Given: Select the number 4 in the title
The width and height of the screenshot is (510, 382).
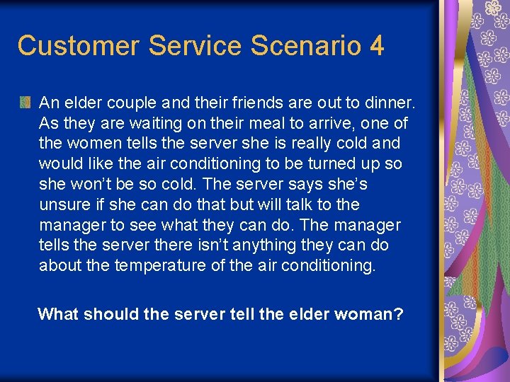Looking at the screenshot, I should [376, 46].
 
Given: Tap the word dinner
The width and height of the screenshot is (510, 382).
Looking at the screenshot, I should [390, 103].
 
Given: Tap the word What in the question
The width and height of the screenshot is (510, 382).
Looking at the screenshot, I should [57, 313].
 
